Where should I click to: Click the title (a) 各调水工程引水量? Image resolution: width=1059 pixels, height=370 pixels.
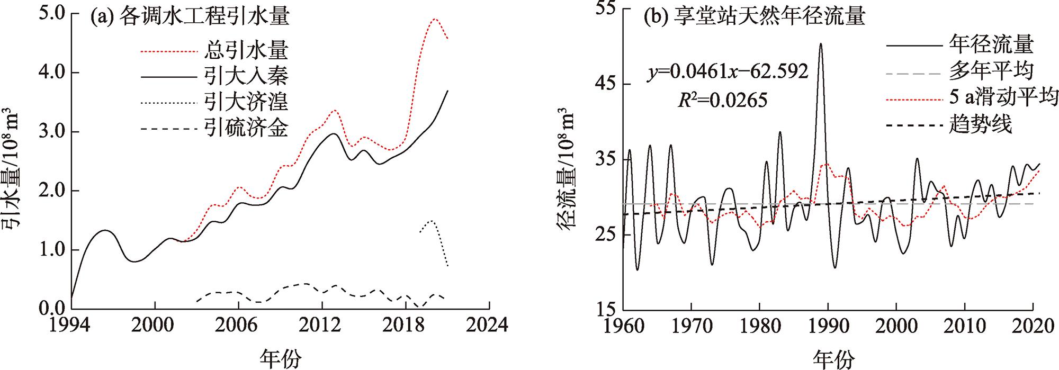click(190, 17)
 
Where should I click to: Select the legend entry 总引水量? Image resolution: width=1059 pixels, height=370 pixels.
click(246, 51)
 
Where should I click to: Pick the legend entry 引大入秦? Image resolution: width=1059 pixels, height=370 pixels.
click(246, 77)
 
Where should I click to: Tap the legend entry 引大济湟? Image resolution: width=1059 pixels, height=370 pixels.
click(246, 102)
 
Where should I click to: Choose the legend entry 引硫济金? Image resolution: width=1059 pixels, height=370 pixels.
click(246, 128)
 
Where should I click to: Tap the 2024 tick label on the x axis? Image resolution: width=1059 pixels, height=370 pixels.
click(489, 323)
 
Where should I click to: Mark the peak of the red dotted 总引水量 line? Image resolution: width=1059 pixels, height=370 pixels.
click(434, 19)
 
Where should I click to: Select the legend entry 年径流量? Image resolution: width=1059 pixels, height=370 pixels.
click(990, 44)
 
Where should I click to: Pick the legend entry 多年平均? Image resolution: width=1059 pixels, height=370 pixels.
click(990, 70)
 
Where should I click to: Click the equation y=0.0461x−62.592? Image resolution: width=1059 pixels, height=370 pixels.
click(729, 71)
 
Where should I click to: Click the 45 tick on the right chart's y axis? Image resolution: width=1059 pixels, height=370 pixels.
click(607, 84)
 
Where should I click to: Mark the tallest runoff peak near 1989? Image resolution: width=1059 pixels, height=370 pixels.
click(821, 44)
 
